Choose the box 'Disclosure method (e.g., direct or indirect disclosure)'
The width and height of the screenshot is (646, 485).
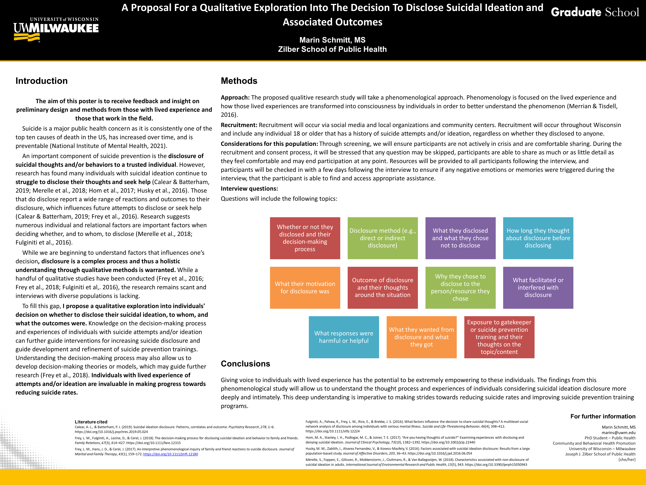[x=383, y=238]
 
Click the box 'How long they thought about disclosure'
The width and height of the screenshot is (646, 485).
[x=538, y=238]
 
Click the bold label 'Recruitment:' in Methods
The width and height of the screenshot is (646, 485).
[x=239, y=125]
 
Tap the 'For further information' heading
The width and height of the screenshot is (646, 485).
[x=603, y=416]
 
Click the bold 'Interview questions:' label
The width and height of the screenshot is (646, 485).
[x=249, y=189]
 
